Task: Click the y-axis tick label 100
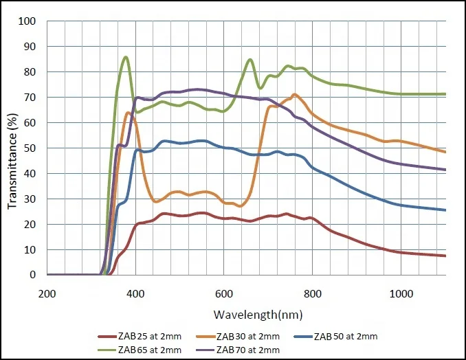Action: (x=27, y=21)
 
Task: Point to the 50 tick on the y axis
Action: (x=30, y=148)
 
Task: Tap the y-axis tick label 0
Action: (x=32, y=275)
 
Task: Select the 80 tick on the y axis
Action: (x=30, y=72)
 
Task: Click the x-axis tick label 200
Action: (x=47, y=293)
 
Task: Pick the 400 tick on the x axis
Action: (x=135, y=293)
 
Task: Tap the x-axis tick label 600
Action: (x=224, y=293)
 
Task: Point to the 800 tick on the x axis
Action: (x=313, y=293)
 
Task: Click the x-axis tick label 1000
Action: (x=401, y=293)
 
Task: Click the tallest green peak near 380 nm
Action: (x=126, y=57)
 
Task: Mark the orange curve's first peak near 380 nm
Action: (x=128, y=113)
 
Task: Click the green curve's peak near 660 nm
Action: (x=250, y=59)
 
